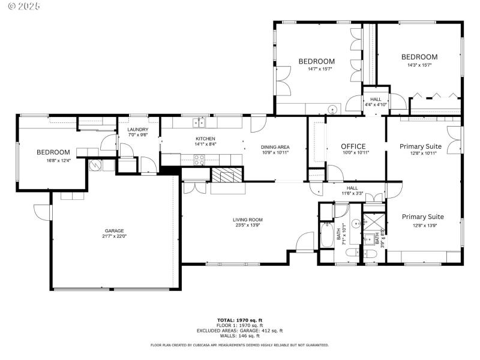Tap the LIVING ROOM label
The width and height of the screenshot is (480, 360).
248,220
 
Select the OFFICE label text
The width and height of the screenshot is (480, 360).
353,146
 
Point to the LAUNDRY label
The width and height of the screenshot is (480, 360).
137,129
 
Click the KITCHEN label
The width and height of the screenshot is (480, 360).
205,139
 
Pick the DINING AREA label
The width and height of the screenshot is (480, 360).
275,147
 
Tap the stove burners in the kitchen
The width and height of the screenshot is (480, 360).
199,159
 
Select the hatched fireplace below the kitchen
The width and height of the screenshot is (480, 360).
227,175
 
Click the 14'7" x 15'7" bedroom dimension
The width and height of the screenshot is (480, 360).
316,69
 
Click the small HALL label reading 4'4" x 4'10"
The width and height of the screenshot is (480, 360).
376,104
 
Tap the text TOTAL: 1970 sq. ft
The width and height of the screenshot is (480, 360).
239,320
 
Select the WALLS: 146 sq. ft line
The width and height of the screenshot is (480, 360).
239,336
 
